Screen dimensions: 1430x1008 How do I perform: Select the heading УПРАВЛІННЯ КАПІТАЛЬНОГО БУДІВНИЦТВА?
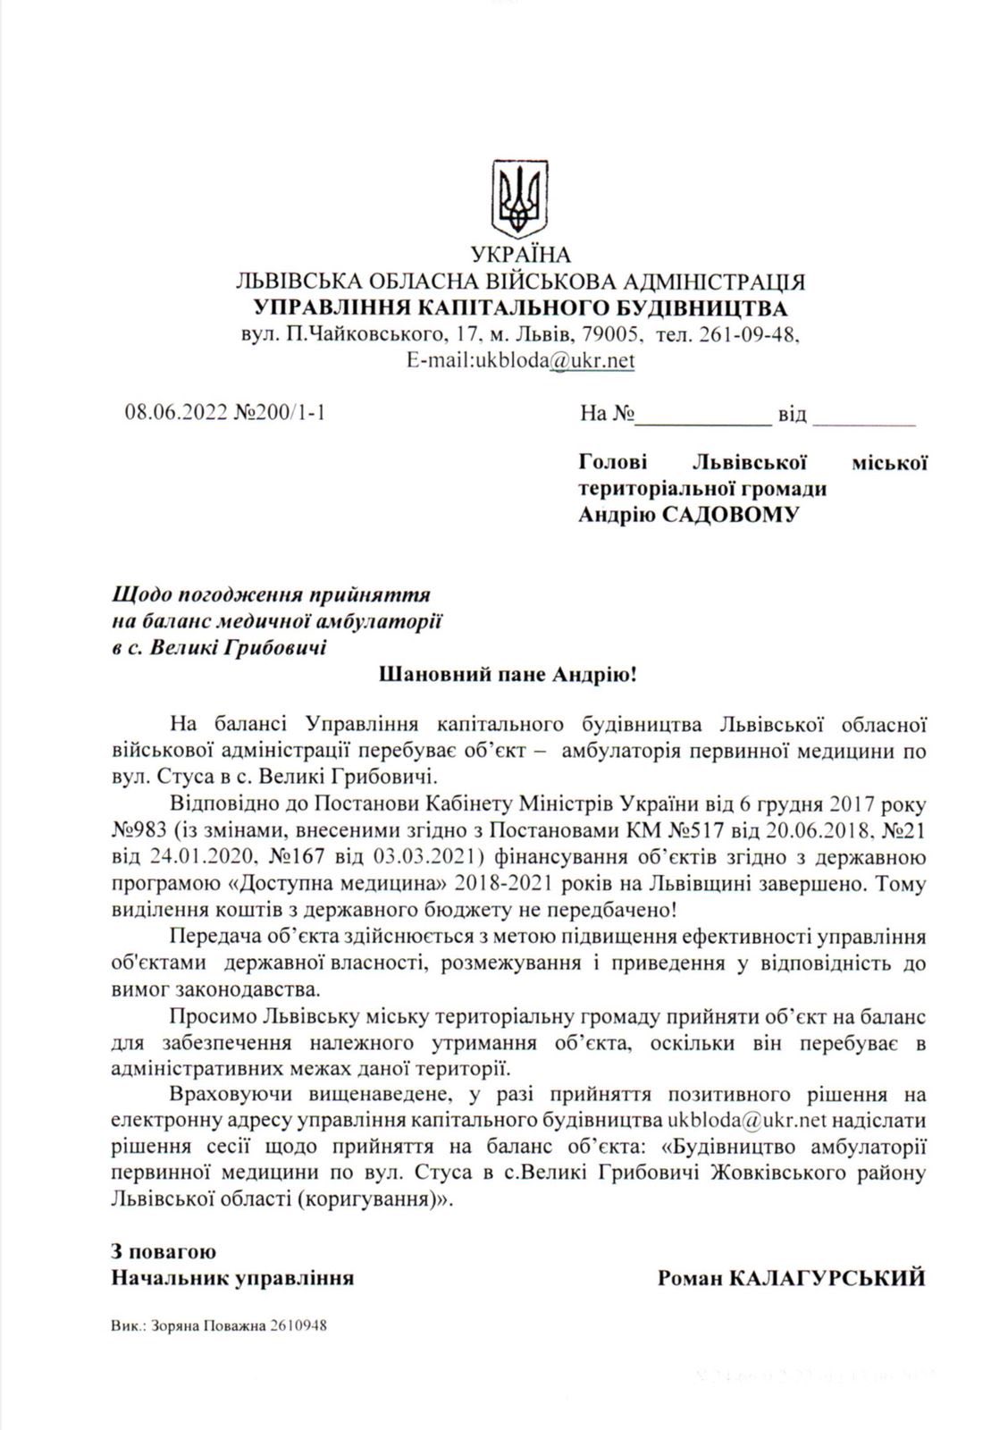(x=521, y=309)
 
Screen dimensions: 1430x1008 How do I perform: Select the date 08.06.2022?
(x=176, y=414)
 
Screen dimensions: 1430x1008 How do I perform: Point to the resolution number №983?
(x=136, y=829)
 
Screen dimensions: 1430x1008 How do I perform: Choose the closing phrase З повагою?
(x=163, y=1252)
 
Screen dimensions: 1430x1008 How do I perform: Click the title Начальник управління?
(x=231, y=1278)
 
